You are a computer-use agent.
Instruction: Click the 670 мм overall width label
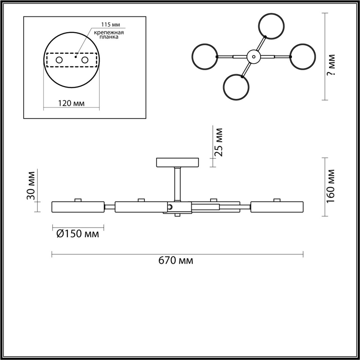coord(176,261)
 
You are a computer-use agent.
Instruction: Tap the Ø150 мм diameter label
coord(78,234)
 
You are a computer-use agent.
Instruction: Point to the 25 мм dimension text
coord(219,141)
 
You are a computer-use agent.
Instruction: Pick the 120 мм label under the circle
coord(71,103)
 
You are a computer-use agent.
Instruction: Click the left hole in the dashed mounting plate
coord(59,60)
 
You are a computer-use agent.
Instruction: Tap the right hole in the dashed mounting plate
coord(85,60)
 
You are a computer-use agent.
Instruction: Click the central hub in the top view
coord(254,57)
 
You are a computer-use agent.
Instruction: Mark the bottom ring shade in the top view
coord(236,87)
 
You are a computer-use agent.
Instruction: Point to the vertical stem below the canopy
coord(177,184)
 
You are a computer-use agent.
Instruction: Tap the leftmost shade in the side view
coord(78,207)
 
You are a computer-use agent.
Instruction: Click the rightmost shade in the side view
coord(277,207)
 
